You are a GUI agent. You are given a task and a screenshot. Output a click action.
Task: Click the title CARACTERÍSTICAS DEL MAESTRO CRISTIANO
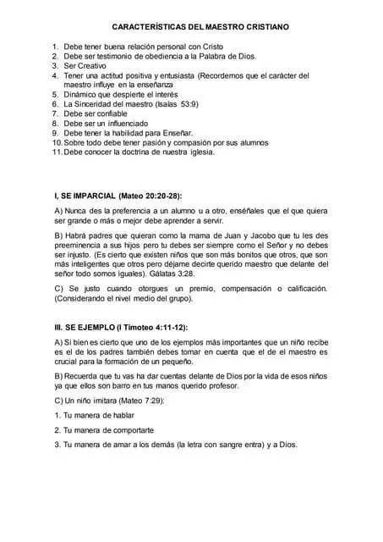click(200, 27)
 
